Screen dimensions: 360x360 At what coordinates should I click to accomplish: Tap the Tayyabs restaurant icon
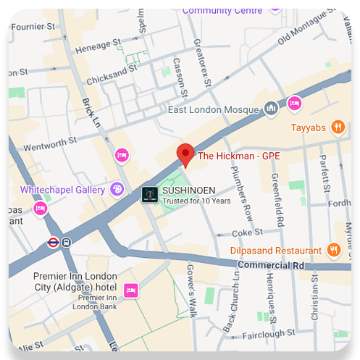(337, 127)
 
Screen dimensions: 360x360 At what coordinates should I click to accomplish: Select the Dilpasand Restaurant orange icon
(333, 250)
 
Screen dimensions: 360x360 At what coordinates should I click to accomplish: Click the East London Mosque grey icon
(272, 109)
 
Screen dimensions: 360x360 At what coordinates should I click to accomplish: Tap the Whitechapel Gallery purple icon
(117, 189)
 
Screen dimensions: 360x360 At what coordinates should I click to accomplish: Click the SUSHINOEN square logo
(149, 194)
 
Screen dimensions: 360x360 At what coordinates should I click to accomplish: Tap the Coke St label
(246, 233)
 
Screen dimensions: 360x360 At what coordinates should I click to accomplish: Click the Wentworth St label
(50, 146)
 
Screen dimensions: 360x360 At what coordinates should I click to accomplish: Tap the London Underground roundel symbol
(52, 243)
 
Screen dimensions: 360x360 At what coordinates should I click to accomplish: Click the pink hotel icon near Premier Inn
(130, 290)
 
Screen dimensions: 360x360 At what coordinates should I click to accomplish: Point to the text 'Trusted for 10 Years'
(196, 201)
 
